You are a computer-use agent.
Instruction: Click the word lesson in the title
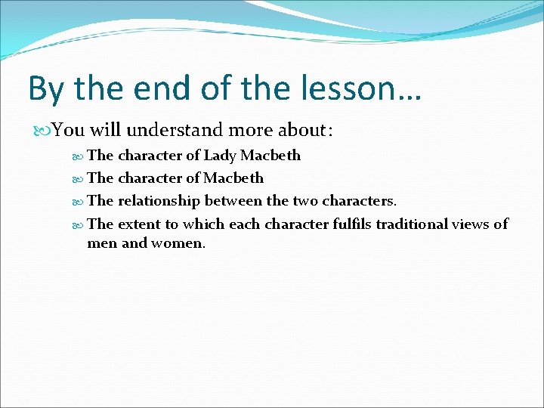coord(353,88)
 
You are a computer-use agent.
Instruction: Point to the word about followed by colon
coord(307,131)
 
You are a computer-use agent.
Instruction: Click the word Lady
coord(220,156)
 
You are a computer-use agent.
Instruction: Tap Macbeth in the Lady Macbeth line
coord(270,156)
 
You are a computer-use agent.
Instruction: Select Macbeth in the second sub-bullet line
coord(233,178)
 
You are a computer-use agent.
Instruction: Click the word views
coord(481,224)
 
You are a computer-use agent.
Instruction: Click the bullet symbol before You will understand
coord(44,131)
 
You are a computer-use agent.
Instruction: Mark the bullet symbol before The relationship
coord(79,201)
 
